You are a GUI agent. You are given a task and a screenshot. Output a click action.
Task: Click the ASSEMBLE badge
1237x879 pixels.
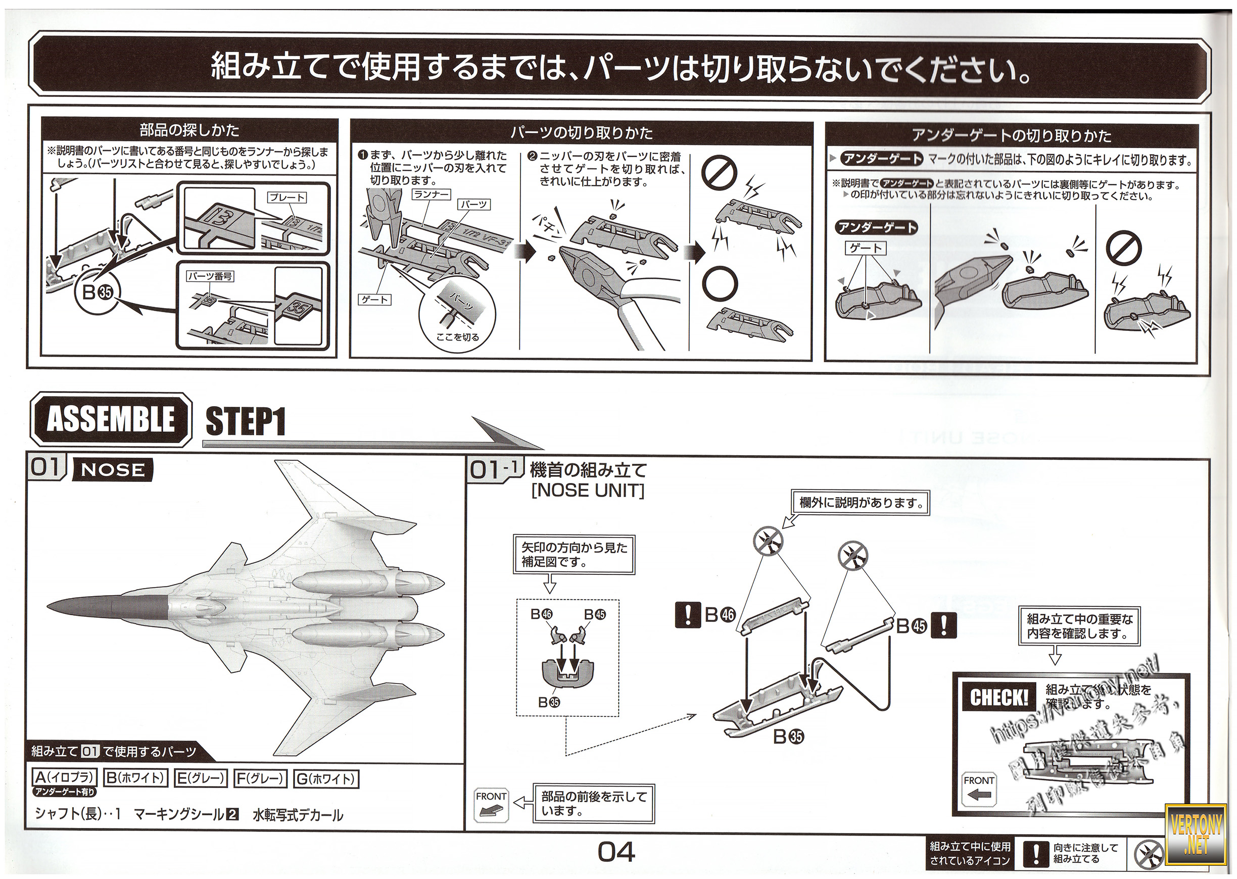tap(111, 419)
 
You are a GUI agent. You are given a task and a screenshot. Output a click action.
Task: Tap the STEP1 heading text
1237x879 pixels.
tap(246, 422)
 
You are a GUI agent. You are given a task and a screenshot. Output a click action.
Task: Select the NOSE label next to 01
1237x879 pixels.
tap(113, 470)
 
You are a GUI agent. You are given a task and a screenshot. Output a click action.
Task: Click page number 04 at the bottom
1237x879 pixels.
tap(616, 852)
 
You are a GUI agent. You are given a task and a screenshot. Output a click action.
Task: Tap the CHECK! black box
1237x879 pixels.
tap(999, 698)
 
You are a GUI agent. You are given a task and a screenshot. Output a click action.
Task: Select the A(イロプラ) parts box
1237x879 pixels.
tap(65, 778)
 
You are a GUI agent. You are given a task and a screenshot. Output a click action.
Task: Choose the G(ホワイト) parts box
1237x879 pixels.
tap(326, 779)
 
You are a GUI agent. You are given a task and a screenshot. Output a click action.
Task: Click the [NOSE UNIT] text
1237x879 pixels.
tap(588, 491)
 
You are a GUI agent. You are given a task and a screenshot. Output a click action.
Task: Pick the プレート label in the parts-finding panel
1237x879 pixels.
tap(287, 198)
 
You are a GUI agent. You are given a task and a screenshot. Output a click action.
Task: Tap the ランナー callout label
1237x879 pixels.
tap(432, 194)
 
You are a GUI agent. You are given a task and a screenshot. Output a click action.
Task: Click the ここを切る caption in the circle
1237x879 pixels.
tap(457, 336)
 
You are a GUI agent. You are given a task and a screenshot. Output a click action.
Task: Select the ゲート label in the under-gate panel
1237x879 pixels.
tap(866, 248)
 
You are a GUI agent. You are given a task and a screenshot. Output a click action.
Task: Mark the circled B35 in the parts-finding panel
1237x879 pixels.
tap(97, 292)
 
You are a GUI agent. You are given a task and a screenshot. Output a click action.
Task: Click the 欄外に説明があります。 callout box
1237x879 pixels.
tap(861, 503)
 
